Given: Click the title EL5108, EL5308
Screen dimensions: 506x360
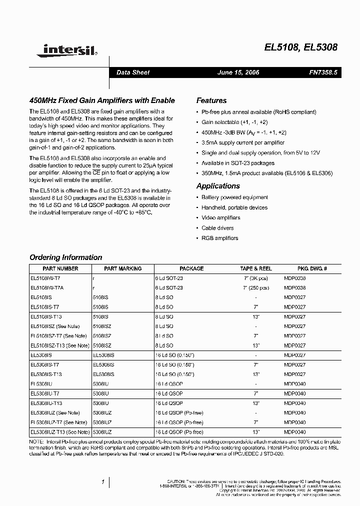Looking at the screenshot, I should point(301,48).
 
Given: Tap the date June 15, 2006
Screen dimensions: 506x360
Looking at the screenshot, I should point(238,72).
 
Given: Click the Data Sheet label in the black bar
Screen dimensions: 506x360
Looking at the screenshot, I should point(133,72).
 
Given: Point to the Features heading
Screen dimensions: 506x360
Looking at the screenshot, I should point(211,100).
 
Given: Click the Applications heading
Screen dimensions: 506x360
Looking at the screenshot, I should point(218,186).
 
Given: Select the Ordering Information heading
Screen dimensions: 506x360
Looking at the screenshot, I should point(66,257).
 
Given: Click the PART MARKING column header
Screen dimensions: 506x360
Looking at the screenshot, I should point(123,268).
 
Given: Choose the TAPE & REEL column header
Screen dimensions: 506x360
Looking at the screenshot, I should point(255,268).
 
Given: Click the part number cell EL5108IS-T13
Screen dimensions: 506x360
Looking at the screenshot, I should point(46,316).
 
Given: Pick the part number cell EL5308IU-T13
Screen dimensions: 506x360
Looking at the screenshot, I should point(46,403).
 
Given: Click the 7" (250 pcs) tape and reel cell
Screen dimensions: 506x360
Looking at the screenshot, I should point(255,288).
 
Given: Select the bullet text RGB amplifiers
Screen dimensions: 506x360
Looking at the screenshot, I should point(220,238).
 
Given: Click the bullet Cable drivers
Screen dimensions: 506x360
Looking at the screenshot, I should point(217,228).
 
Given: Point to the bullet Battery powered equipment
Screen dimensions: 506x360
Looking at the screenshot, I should point(234,197).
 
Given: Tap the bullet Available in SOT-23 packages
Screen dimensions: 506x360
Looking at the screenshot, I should point(238,163).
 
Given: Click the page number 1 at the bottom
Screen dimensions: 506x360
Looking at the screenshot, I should point(102,482).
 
